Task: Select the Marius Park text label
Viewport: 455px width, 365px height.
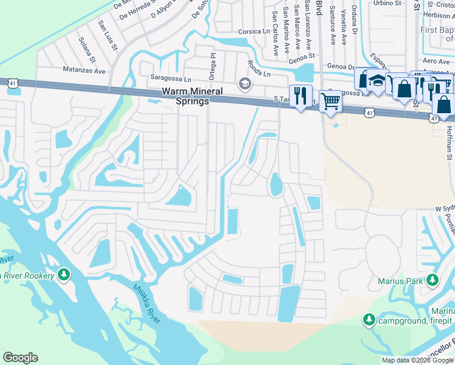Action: tap(398, 281)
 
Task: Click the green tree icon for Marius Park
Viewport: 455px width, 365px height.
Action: tap(432, 280)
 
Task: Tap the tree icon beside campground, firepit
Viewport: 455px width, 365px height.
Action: tap(368, 319)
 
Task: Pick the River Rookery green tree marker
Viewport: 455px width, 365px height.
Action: tap(64, 275)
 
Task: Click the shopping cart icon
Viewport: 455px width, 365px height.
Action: tap(330, 101)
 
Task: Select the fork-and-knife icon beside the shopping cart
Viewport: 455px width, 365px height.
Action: tap(300, 96)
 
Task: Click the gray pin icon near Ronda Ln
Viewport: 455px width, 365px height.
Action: tap(245, 84)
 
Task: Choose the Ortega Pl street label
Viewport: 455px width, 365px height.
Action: tap(212, 66)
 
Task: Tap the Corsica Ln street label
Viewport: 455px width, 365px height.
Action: tap(254, 31)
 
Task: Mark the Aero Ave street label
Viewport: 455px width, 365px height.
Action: tap(436, 61)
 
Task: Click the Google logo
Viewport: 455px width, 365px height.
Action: tap(21, 358)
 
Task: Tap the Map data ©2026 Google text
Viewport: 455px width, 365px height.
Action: tap(417, 360)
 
